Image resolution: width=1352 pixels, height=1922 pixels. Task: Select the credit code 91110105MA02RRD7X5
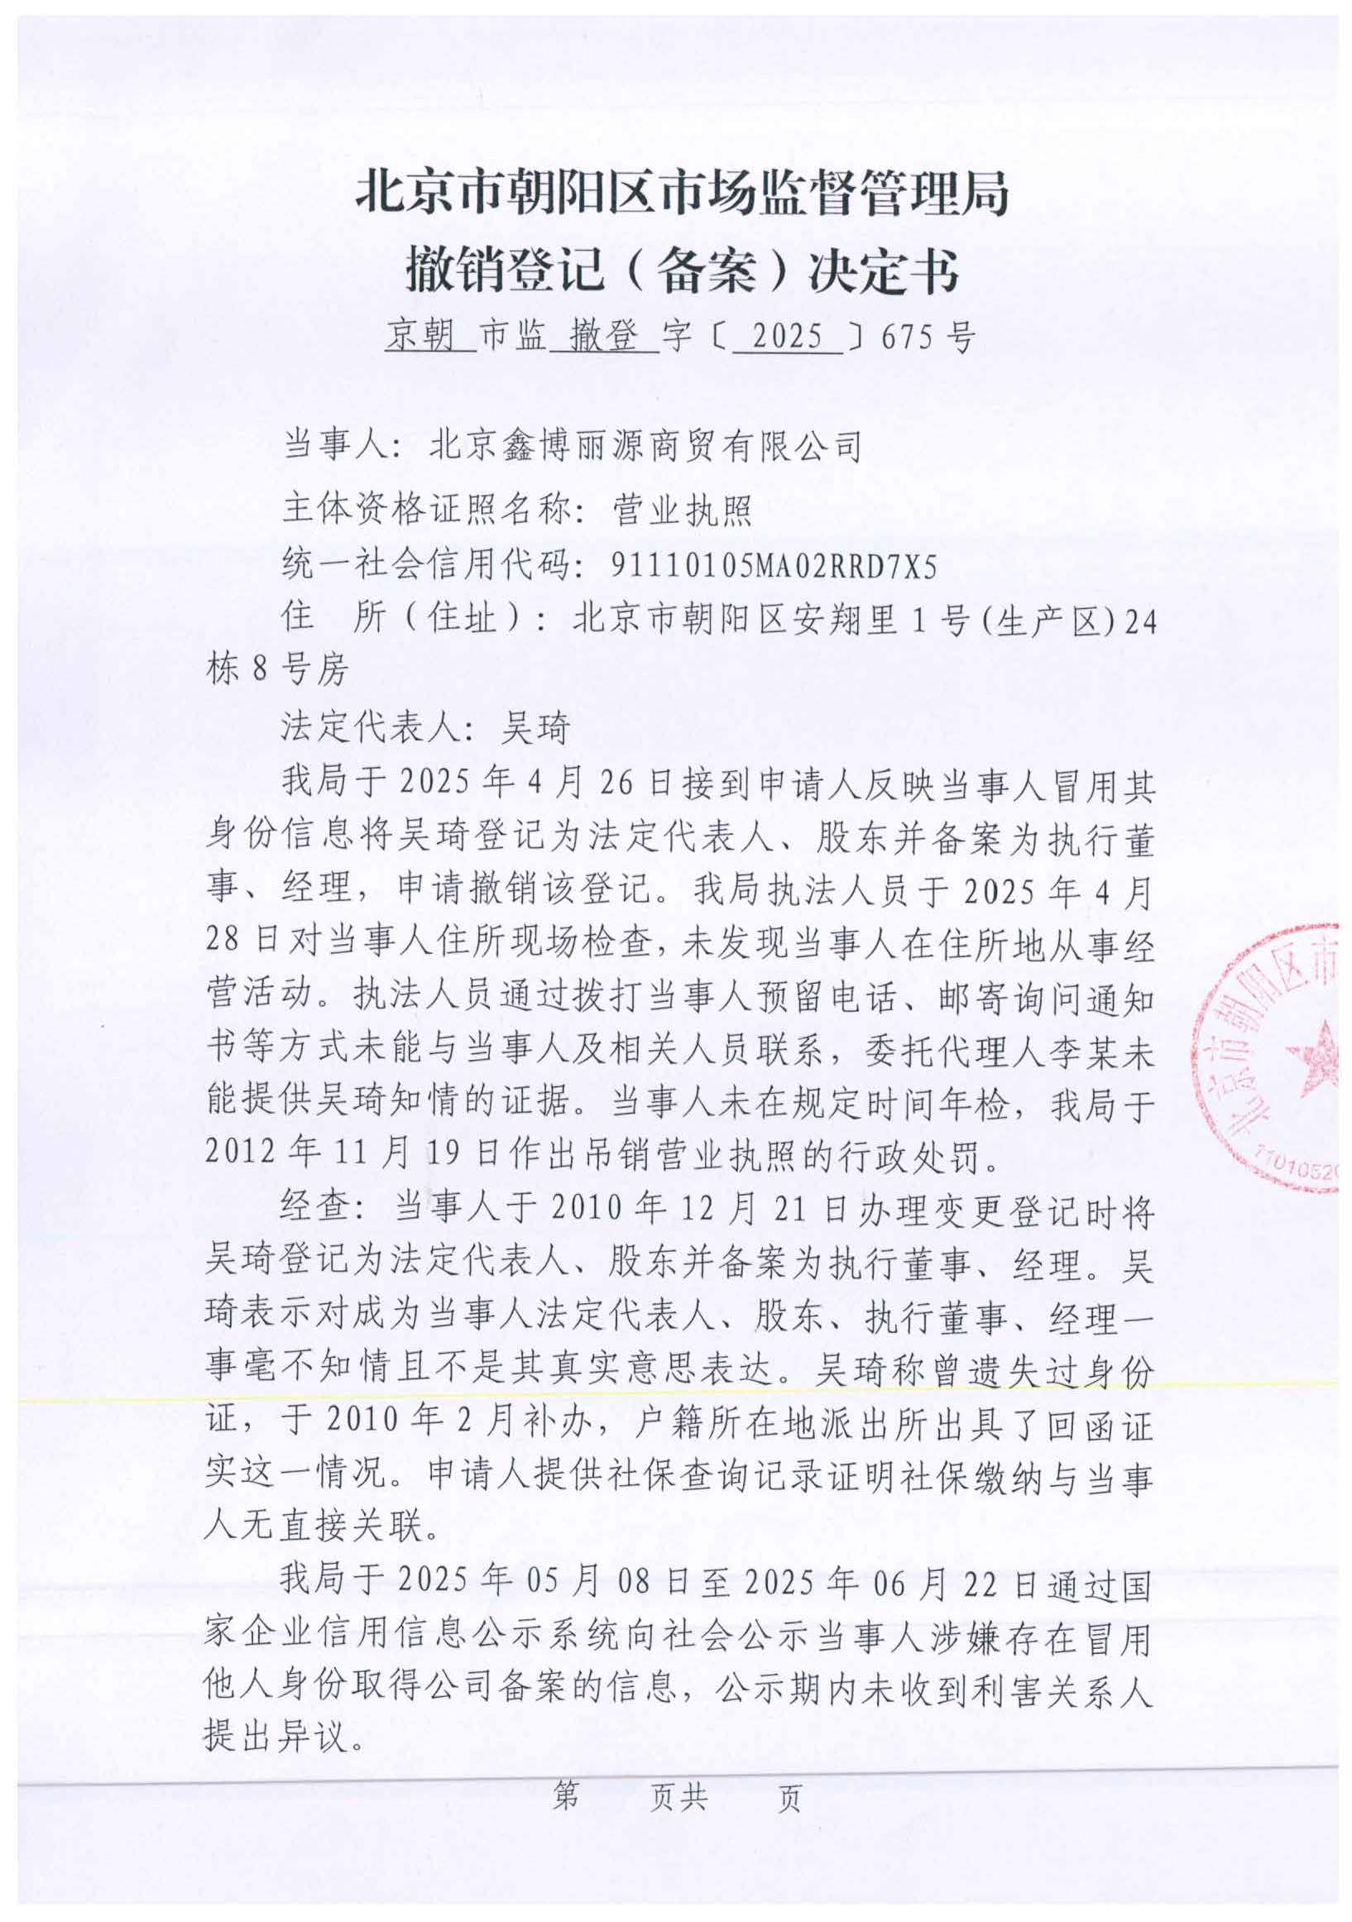pyautogui.click(x=774, y=567)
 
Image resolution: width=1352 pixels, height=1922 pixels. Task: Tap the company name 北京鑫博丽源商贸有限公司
pyautogui.click(x=645, y=445)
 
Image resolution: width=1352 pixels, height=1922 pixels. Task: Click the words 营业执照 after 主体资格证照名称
pyautogui.click(x=683, y=509)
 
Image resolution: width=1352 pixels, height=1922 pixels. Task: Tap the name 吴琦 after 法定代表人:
pyautogui.click(x=535, y=727)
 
